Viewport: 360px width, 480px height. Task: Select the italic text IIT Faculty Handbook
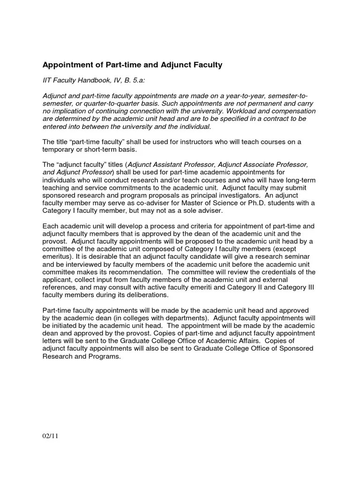(x=76, y=81)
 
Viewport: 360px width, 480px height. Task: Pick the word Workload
(x=243, y=111)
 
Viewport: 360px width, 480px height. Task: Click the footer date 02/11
(x=49, y=437)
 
